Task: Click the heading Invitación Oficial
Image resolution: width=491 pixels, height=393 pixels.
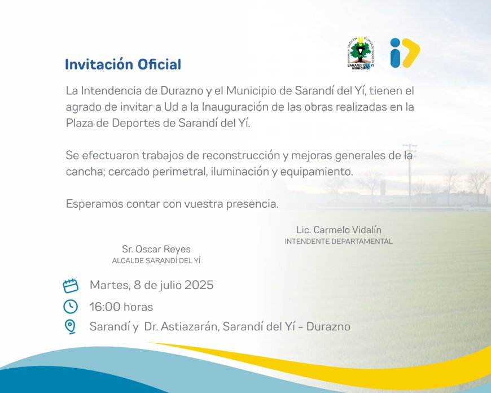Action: point(123,64)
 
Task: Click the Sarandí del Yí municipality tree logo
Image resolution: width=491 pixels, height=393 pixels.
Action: point(360,54)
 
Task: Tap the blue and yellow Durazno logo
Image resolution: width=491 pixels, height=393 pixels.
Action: point(405,53)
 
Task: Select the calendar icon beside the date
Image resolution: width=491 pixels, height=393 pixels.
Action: point(71,286)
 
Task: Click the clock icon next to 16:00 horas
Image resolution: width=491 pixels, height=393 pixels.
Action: point(71,307)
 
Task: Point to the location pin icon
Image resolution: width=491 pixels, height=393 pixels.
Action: point(71,326)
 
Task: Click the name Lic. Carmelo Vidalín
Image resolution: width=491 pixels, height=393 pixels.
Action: point(339,230)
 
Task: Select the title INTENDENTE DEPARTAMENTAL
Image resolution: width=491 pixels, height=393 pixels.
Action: point(339,242)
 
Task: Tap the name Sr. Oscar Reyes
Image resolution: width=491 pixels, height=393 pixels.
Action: point(156,249)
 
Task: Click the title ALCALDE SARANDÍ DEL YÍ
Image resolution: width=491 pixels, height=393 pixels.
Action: point(156,261)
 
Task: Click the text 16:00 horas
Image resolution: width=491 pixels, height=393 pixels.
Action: point(121,307)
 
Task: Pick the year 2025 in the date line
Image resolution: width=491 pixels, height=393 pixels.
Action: point(199,285)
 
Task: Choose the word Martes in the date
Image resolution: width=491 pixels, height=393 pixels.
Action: point(108,285)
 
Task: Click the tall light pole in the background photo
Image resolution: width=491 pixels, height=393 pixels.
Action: point(410,169)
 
